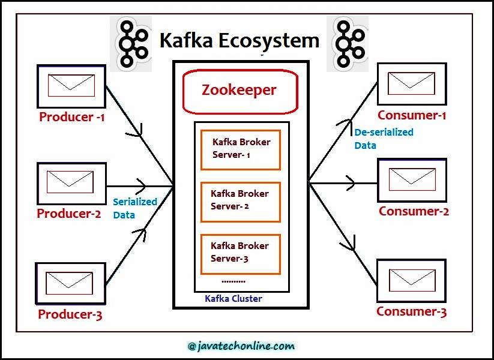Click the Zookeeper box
pyautogui.click(x=239, y=91)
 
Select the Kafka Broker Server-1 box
pyautogui.click(x=240, y=149)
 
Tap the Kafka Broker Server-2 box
pyautogui.click(x=240, y=201)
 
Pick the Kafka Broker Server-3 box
pyautogui.click(x=240, y=253)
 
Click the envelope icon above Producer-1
pyautogui.click(x=71, y=86)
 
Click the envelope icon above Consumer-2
pyautogui.click(x=412, y=179)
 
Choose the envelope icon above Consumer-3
pyautogui.click(x=412, y=280)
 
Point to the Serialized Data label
pyautogui.click(x=134, y=208)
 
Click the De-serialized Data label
pyautogui.click(x=383, y=139)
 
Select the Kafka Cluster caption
pyautogui.click(x=233, y=298)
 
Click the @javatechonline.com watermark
pyautogui.click(x=241, y=346)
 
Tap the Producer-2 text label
pyautogui.click(x=69, y=214)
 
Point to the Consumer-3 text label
pyautogui.click(x=412, y=312)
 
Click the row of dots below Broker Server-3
pyautogui.click(x=233, y=281)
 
